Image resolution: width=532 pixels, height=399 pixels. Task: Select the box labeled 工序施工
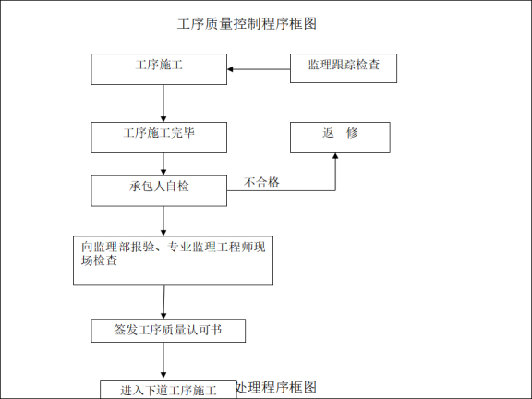pyautogui.click(x=159, y=68)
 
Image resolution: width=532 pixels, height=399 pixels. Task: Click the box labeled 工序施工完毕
pyautogui.click(x=159, y=137)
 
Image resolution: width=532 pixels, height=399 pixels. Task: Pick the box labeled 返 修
pyautogui.click(x=340, y=137)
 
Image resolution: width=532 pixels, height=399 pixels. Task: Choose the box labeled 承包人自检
pyautogui.click(x=159, y=190)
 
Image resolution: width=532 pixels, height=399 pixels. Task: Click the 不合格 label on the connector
pyautogui.click(x=261, y=183)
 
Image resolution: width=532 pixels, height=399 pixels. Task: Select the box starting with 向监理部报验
pyautogui.click(x=173, y=260)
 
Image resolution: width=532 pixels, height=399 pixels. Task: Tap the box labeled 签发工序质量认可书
pyautogui.click(x=167, y=330)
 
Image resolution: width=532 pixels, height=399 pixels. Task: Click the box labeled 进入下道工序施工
pyautogui.click(x=167, y=390)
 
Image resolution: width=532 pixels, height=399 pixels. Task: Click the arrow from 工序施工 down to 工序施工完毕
pyautogui.click(x=163, y=103)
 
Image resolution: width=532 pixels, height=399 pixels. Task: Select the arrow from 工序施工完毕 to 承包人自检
pyautogui.click(x=163, y=163)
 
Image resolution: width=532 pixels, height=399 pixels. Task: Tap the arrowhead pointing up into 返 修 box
pyautogui.click(x=335, y=158)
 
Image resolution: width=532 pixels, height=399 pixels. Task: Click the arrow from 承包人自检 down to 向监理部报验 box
pyautogui.click(x=163, y=221)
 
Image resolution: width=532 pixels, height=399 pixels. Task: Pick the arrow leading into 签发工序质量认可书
pyautogui.click(x=164, y=302)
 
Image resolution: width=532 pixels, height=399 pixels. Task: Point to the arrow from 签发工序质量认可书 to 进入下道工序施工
pyautogui.click(x=165, y=360)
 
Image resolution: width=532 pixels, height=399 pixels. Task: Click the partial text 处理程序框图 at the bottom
pyautogui.click(x=276, y=387)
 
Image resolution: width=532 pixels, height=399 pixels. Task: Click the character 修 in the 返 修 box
pyautogui.click(x=352, y=133)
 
